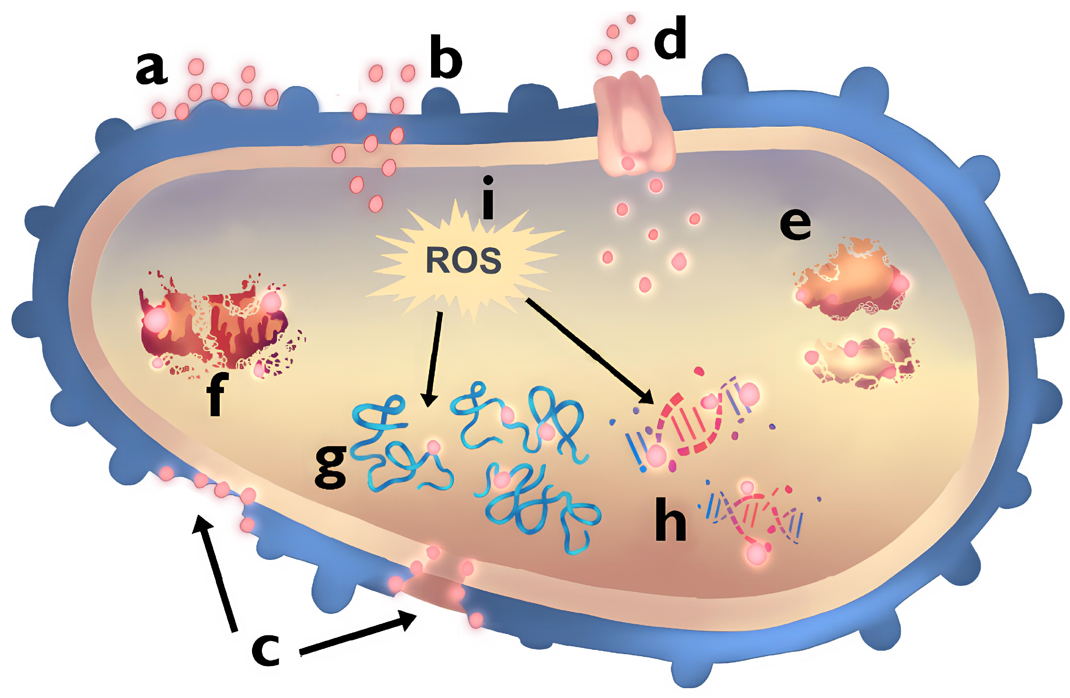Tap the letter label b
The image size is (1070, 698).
pos(445,57)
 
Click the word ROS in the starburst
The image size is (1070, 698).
pos(463,260)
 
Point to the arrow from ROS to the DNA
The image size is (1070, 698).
pos(589,351)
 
